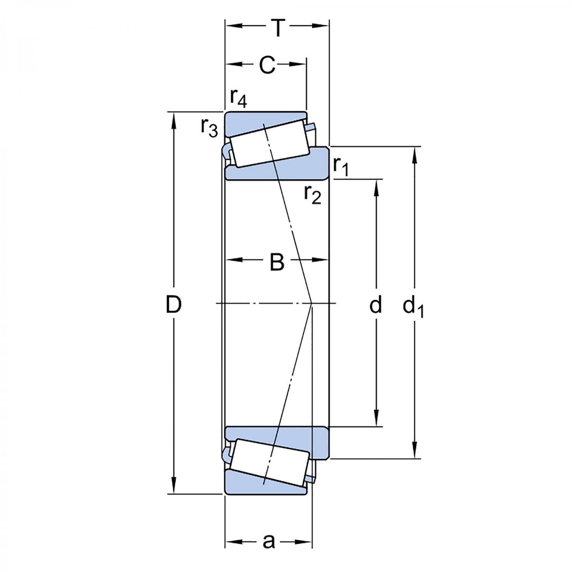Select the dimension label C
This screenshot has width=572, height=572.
267,66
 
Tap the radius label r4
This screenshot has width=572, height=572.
239,99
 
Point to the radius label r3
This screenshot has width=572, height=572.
209,128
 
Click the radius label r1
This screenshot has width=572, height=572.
341,167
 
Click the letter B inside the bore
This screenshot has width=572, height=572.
277,262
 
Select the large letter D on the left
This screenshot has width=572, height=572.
174,305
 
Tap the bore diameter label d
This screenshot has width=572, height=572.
376,305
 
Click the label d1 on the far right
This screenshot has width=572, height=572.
413,307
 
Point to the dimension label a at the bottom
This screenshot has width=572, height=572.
269,541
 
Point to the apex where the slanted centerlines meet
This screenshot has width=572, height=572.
312,303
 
